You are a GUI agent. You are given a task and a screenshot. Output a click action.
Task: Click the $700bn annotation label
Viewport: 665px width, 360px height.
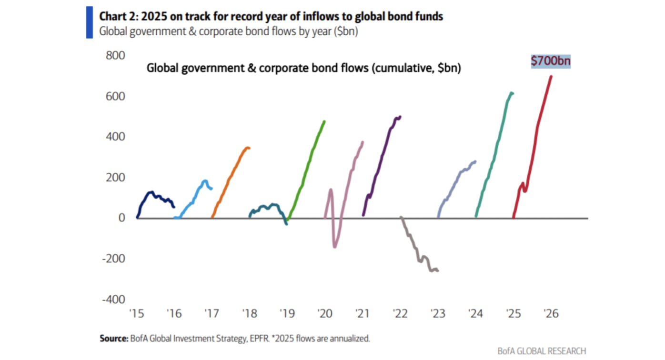pyautogui.click(x=551, y=61)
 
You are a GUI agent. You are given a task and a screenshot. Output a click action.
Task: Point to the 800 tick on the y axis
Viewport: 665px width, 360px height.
pyautogui.click(x=115, y=56)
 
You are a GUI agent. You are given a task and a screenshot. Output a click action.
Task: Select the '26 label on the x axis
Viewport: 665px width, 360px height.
pyautogui.click(x=550, y=314)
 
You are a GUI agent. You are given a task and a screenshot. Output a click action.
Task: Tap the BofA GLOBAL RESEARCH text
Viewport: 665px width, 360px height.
pyautogui.click(x=542, y=351)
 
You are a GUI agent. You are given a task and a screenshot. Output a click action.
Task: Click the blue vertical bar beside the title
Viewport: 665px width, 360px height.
pyautogui.click(x=90, y=23)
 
